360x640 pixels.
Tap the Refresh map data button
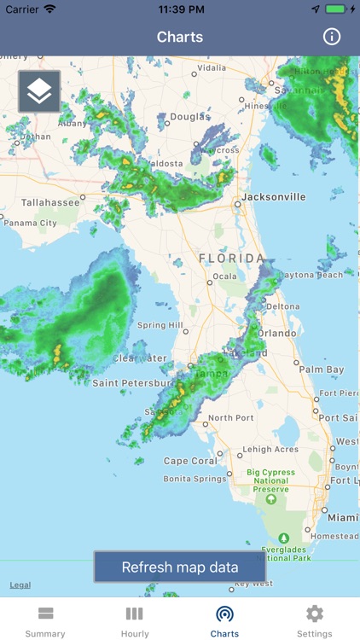pyautogui.click(x=180, y=567)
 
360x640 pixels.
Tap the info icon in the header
pyautogui.click(x=332, y=37)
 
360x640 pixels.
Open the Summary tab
pyautogui.click(x=45, y=622)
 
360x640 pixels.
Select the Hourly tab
pyautogui.click(x=135, y=622)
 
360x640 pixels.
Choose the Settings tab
pyautogui.click(x=315, y=622)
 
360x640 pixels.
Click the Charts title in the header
pyautogui.click(x=180, y=37)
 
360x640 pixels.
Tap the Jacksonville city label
pyautogui.click(x=273, y=197)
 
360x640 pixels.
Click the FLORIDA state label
pyautogui.click(x=231, y=258)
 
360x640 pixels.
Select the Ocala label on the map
pyautogui.click(x=224, y=276)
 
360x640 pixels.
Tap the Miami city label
pyautogui.click(x=344, y=518)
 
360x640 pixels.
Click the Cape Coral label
pyautogui.click(x=189, y=462)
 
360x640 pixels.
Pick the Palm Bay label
pyautogui.click(x=322, y=369)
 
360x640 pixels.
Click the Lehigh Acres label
pyautogui.click(x=270, y=450)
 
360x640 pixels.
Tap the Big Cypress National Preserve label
pyautogui.click(x=271, y=481)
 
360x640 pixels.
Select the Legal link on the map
pyautogui.click(x=20, y=585)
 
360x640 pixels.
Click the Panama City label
pyautogui.click(x=31, y=224)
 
